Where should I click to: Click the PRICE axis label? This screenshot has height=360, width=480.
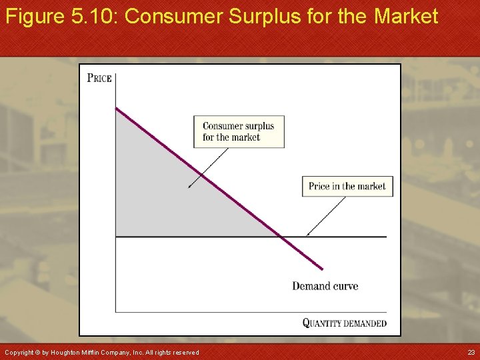click(x=99, y=77)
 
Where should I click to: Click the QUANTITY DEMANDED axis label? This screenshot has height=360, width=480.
click(x=344, y=323)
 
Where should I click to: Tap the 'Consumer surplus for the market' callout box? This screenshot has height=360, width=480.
click(x=239, y=132)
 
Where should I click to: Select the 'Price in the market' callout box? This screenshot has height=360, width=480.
click(x=347, y=186)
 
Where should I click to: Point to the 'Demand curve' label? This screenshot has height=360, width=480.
click(x=325, y=286)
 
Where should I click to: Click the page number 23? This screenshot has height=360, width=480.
click(x=471, y=352)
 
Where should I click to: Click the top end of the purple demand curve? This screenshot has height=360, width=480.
click(x=116, y=108)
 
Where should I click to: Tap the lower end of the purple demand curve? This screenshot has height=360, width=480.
click(x=323, y=269)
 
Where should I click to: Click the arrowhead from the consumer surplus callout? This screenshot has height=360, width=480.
click(x=189, y=187)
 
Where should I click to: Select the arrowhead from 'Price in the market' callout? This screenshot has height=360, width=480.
click(x=307, y=235)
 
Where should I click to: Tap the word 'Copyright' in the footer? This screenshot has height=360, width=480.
click(x=19, y=352)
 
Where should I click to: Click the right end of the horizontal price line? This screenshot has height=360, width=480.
click(x=386, y=237)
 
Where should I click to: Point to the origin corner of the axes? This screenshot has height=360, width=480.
click(x=115, y=311)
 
